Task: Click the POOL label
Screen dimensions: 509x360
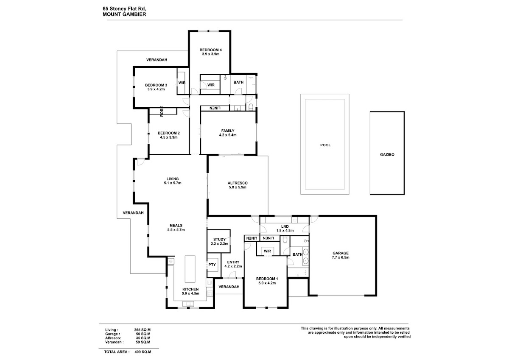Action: [325, 145]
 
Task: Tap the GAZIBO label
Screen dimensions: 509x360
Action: [387, 154]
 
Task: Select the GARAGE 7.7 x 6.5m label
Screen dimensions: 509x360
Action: [341, 255]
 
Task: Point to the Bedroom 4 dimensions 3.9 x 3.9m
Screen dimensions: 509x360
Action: [211, 54]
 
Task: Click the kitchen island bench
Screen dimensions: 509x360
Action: [190, 269]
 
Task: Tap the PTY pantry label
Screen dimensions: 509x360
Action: [212, 265]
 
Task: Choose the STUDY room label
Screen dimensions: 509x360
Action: [220, 240]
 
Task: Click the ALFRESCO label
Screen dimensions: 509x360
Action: [238, 183]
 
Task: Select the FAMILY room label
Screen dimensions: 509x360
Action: [228, 131]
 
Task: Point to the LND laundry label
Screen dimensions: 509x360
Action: [285, 226]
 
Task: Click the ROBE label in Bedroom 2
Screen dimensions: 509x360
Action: [162, 112]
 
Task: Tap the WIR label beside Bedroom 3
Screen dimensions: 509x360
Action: [182, 83]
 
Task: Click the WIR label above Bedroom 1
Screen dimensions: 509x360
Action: [268, 251]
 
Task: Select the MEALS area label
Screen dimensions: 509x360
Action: [176, 225]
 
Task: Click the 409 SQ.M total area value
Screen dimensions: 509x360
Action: [143, 352]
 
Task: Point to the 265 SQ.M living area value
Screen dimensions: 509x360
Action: [142, 330]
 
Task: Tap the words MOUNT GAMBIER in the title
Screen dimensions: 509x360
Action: [124, 14]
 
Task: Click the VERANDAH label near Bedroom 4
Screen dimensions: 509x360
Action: [157, 60]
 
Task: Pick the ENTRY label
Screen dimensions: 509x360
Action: [233, 262]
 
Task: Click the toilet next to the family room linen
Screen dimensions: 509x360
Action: [251, 107]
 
